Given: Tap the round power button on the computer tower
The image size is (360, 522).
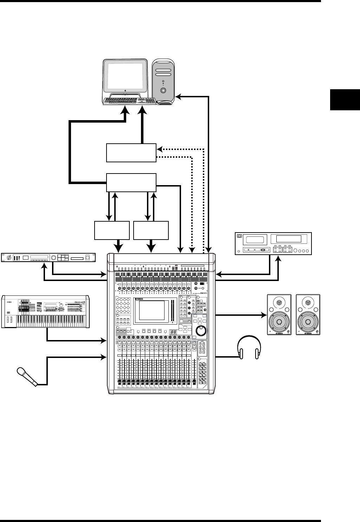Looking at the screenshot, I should (163, 90).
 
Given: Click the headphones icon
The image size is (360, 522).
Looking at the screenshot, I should (249, 347).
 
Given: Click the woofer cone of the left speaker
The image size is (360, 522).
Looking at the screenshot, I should (279, 322).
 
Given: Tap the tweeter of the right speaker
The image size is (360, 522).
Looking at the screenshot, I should (308, 302).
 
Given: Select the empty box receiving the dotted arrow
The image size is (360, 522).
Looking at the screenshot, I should (131, 152).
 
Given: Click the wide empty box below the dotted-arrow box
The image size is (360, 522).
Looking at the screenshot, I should (131, 182).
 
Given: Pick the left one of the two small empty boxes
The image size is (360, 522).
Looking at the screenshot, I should (112, 230).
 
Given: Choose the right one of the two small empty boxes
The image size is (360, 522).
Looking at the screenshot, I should (151, 230).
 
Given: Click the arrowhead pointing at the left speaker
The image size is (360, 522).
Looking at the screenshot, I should (264, 315).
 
